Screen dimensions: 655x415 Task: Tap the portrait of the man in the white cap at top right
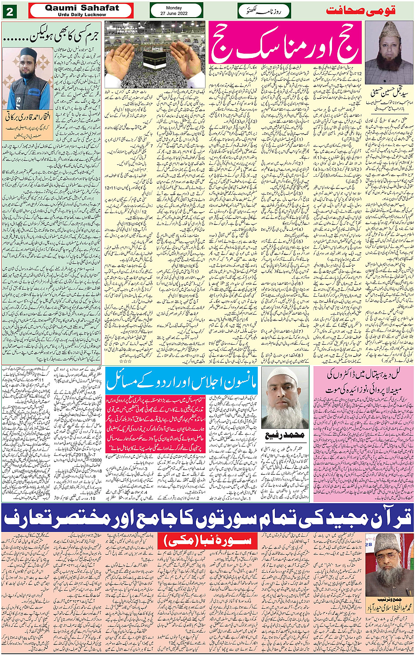[389, 47]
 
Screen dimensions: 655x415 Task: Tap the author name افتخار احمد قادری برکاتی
[28, 117]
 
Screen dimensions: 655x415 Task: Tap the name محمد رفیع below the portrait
[285, 435]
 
